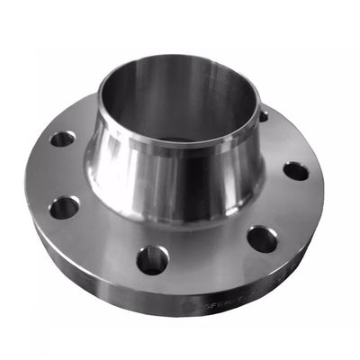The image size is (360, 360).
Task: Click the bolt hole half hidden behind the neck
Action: (263, 115)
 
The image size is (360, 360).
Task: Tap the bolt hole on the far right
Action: (295, 171)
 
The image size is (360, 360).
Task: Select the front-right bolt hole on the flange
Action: (262, 239)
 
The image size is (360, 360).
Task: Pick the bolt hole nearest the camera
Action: (152, 260)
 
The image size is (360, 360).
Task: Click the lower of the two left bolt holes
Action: (63, 208)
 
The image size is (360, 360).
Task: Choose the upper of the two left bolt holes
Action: (62, 139)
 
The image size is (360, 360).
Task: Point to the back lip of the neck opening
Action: (180, 57)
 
